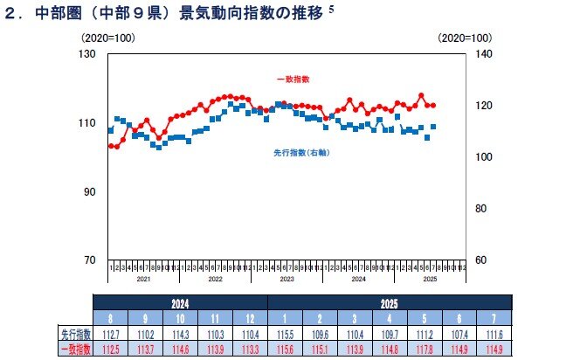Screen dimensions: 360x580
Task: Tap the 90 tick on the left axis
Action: [x=86, y=191]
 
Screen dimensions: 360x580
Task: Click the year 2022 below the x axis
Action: [x=215, y=279]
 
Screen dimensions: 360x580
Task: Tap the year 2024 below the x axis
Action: [x=358, y=279]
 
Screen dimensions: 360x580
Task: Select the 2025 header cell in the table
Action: [x=390, y=302]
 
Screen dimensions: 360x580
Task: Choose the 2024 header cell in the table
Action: [x=180, y=302]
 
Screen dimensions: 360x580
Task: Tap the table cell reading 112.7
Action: [x=109, y=334]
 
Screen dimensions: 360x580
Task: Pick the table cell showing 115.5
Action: [x=285, y=334]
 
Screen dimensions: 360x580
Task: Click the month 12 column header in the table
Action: [x=250, y=318]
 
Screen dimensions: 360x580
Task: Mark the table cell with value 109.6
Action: [x=320, y=334]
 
